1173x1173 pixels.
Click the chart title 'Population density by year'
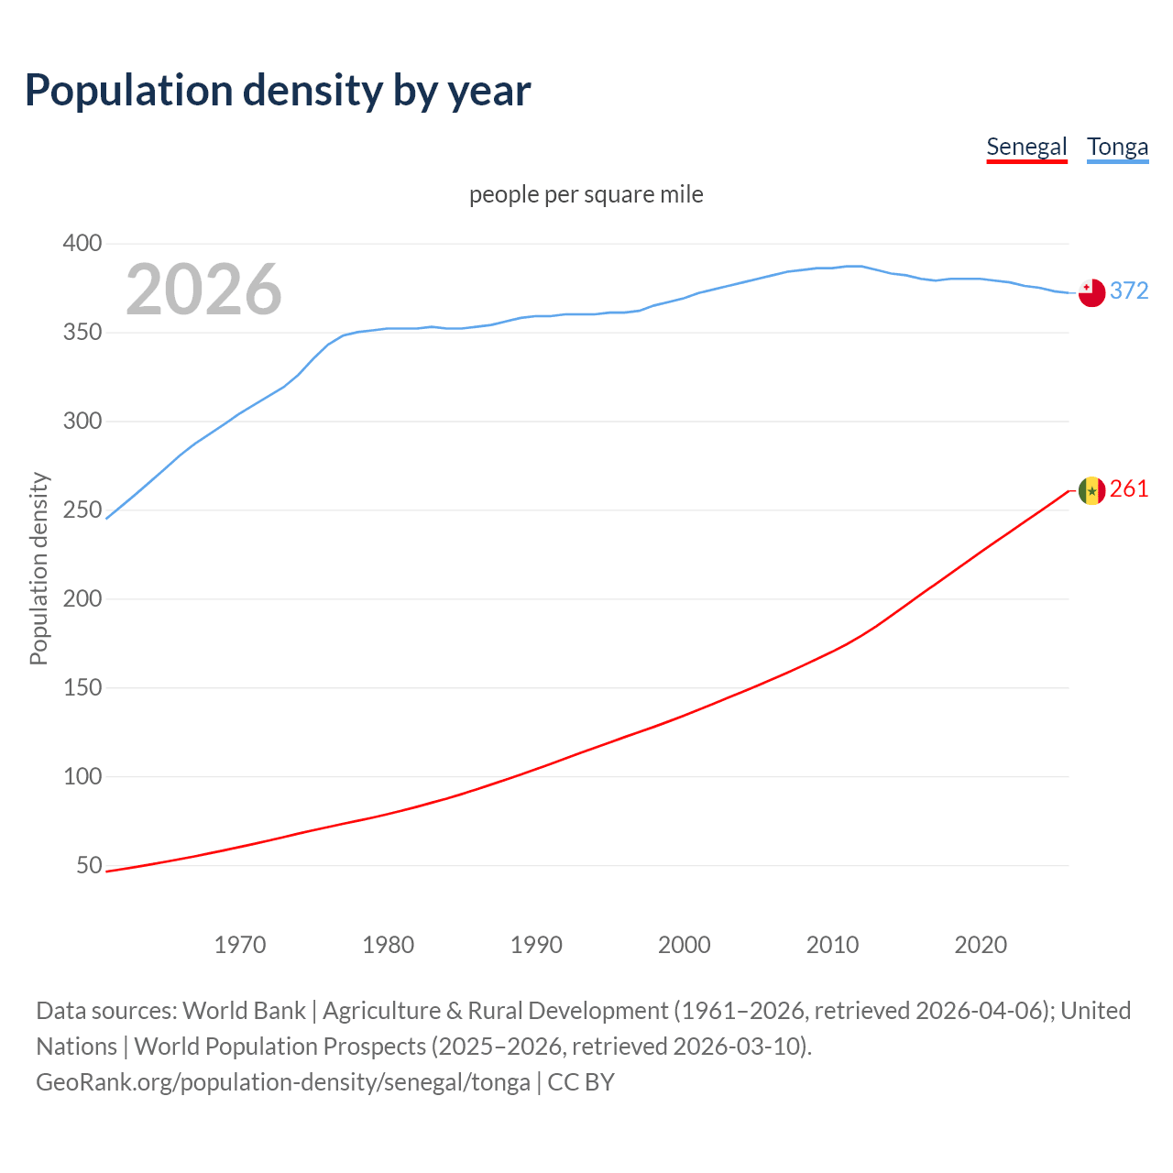[x=278, y=91]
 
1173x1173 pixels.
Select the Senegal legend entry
[x=1026, y=147]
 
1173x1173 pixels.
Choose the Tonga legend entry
[x=1117, y=147]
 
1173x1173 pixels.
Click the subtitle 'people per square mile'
[x=586, y=194]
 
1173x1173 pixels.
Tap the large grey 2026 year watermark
[x=203, y=290]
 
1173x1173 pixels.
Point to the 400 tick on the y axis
[x=82, y=244]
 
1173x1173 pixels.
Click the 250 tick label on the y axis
[x=82, y=510]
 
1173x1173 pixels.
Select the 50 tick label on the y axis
[x=89, y=865]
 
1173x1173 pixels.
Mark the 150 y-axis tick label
[x=82, y=687]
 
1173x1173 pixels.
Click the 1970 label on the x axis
[x=240, y=945]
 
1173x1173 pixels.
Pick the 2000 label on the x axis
[x=685, y=945]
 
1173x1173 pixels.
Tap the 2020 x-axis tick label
[x=981, y=945]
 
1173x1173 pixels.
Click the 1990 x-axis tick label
[x=536, y=945]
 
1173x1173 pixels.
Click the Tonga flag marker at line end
[x=1091, y=292]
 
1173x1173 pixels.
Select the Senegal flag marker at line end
[x=1091, y=490]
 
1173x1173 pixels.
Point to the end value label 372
[x=1129, y=291]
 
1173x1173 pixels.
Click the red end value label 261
[x=1129, y=489]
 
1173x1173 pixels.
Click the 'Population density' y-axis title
[x=38, y=568]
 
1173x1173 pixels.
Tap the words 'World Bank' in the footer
[x=244, y=1011]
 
